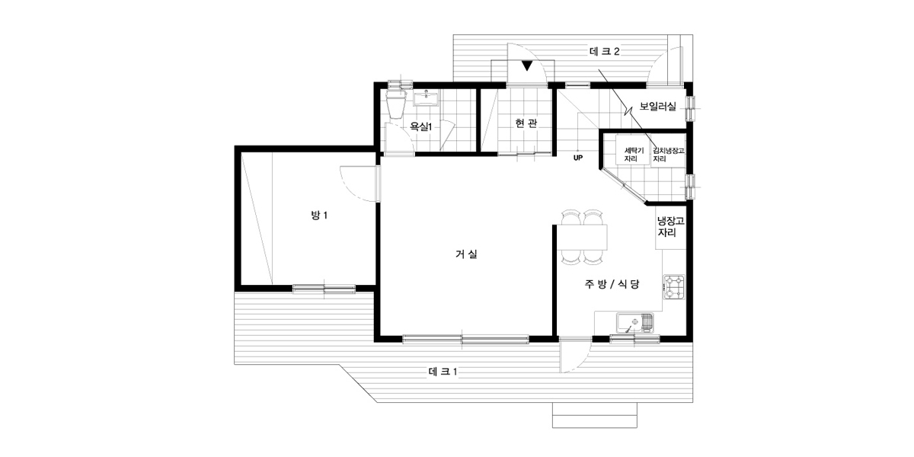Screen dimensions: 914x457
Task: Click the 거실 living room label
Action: [x=466, y=254]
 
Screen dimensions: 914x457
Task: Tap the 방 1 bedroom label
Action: [x=319, y=215]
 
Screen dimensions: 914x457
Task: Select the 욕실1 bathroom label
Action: [x=420, y=126]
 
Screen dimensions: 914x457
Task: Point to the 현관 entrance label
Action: [x=526, y=123]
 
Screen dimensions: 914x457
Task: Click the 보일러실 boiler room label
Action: [x=657, y=107]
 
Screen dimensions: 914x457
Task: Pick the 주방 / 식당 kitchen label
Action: [x=612, y=284]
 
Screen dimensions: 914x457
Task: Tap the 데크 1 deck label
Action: [x=443, y=372]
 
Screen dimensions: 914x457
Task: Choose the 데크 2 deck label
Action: [x=605, y=52]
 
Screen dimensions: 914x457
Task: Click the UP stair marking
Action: [x=578, y=158]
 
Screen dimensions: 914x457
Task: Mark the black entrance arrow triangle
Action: [x=527, y=66]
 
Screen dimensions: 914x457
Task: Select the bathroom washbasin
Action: [x=427, y=98]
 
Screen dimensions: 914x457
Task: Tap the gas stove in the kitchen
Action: [x=673, y=287]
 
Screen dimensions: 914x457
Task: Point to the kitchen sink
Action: [x=635, y=323]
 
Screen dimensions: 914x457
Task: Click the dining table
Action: [x=582, y=237]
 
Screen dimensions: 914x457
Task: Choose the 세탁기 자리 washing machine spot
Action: [x=632, y=155]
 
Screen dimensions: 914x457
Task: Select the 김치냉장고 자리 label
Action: [x=668, y=155]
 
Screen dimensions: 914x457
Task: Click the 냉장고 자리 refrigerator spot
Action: [x=670, y=227]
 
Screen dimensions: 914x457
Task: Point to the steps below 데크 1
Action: [x=595, y=415]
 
